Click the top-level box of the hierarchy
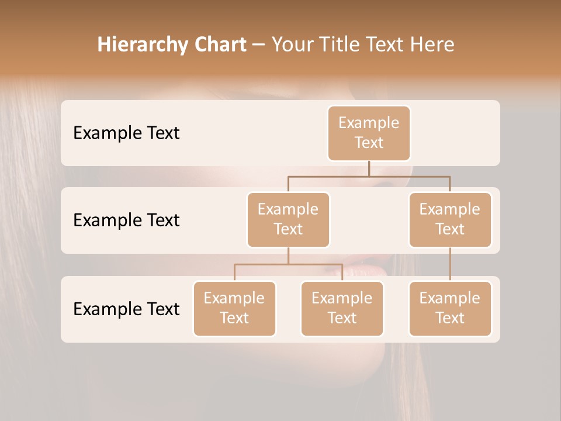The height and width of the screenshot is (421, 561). (369, 133)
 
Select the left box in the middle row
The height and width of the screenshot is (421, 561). (288, 219)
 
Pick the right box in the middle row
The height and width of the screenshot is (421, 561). (449, 219)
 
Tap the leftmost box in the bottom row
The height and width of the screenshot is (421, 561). (234, 308)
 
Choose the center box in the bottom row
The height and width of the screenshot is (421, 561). (342, 308)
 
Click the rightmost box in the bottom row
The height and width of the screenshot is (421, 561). (449, 308)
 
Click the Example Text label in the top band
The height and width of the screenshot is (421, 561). (126, 133)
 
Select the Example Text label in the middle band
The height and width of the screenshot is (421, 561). (126, 220)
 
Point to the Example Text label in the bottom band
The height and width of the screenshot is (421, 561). (126, 309)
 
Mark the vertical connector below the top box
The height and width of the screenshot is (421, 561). (369, 168)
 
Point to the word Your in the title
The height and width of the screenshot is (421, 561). (290, 44)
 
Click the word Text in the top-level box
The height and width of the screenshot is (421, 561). (369, 143)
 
